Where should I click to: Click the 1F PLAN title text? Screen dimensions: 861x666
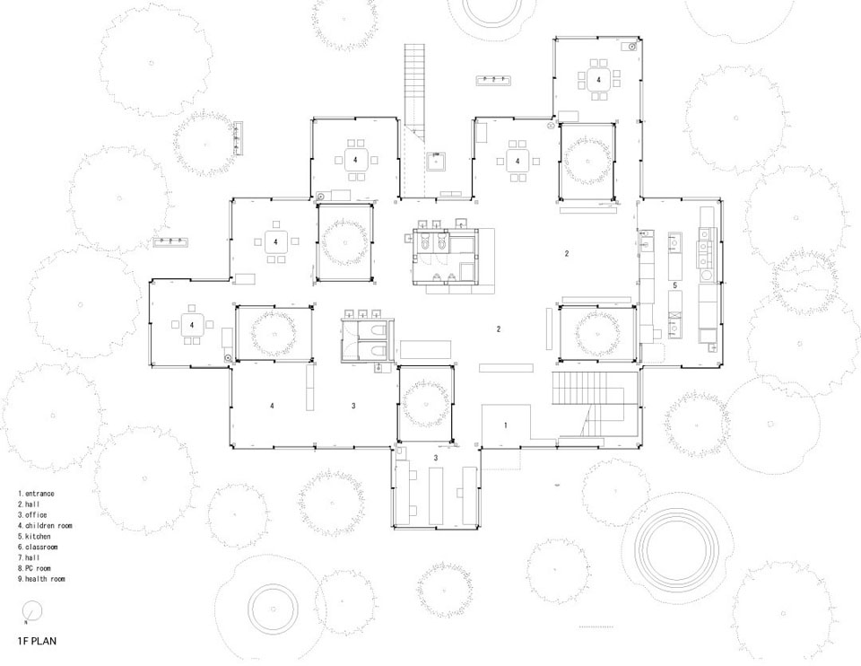(37, 641)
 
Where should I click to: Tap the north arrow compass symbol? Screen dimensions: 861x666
(33, 610)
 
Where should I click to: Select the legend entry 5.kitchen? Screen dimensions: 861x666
(34, 537)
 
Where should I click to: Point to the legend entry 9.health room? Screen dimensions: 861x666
(41, 579)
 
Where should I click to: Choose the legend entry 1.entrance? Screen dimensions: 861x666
(36, 494)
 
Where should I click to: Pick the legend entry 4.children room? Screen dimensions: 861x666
(45, 525)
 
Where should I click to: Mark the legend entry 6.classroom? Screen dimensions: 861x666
(38, 547)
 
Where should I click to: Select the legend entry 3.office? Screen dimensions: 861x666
(32, 515)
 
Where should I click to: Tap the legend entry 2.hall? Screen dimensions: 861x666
(29, 504)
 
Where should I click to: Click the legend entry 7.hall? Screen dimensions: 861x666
(29, 557)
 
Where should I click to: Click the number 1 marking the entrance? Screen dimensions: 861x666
(506, 425)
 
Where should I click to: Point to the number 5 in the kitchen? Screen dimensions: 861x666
(674, 285)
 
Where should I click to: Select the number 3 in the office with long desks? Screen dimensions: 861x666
(436, 458)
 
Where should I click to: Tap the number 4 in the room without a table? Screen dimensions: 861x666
(272, 406)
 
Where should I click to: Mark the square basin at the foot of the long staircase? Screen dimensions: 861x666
(436, 162)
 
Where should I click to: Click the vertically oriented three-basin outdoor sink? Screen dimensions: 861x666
(239, 137)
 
